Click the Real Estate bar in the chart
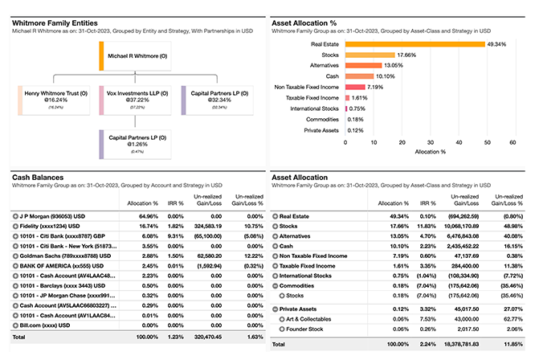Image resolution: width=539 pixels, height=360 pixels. (414, 44)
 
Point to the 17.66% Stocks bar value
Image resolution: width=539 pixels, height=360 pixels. (408, 55)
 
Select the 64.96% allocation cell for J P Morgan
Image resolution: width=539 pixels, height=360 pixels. (146, 216)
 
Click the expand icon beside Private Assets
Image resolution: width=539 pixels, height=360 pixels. (275, 308)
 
